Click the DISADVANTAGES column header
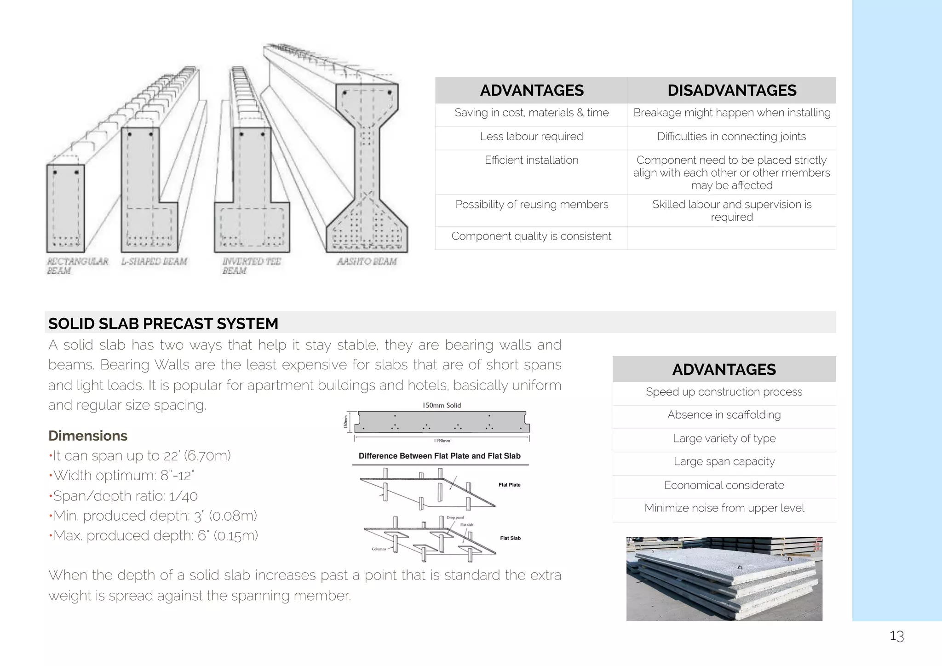[731, 90]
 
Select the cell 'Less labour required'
[531, 137]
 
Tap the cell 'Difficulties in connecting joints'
[731, 137]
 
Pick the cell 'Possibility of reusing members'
[531, 204]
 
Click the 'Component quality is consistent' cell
[531, 236]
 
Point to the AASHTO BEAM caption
[367, 261]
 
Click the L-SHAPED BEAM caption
[154, 261]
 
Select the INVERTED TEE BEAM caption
[251, 266]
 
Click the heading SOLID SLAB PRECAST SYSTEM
[163, 323]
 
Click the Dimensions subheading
[88, 436]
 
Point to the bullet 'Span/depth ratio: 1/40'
[125, 496]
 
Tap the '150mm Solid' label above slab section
[442, 405]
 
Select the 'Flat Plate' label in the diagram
[509, 485]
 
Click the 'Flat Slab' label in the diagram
[510, 538]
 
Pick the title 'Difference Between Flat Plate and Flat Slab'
[439, 456]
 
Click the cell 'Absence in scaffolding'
[724, 415]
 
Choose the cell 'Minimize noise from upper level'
[724, 508]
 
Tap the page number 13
[896, 636]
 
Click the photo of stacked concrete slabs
[724, 579]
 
